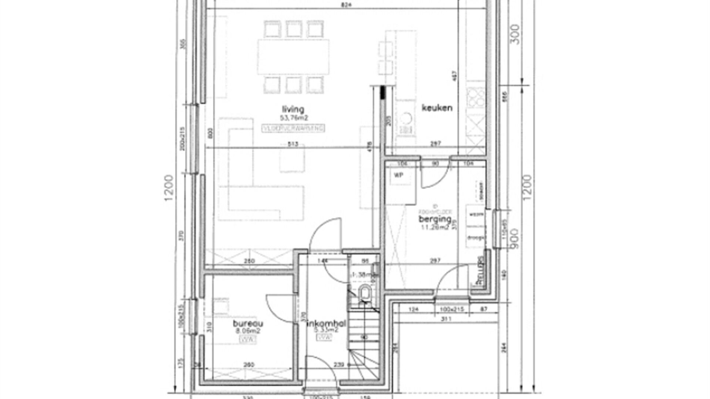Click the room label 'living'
pos(293,109)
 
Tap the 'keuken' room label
pos(437,108)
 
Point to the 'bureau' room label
pos(248,323)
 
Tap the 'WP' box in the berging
pos(399,175)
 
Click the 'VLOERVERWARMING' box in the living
pos(293,128)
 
